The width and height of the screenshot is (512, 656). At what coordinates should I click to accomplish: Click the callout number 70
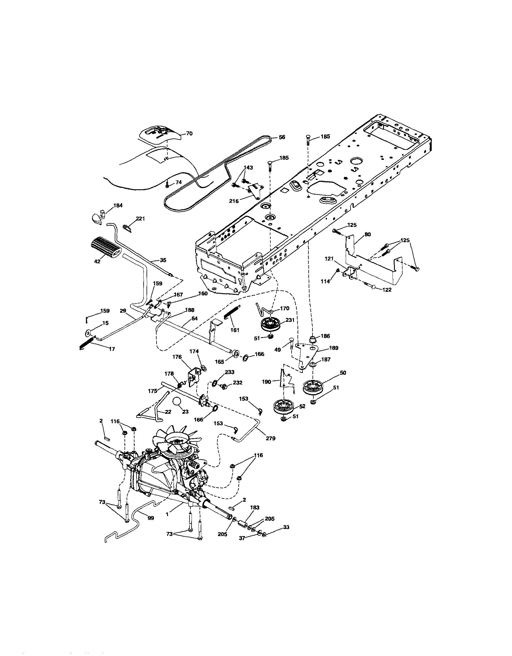(189, 134)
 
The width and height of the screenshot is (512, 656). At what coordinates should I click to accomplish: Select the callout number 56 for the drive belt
(282, 137)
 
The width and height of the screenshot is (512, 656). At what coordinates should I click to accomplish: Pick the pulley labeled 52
(284, 407)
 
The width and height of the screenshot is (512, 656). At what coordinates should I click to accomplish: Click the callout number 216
(234, 201)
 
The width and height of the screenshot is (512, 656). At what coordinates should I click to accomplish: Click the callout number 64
(195, 318)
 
